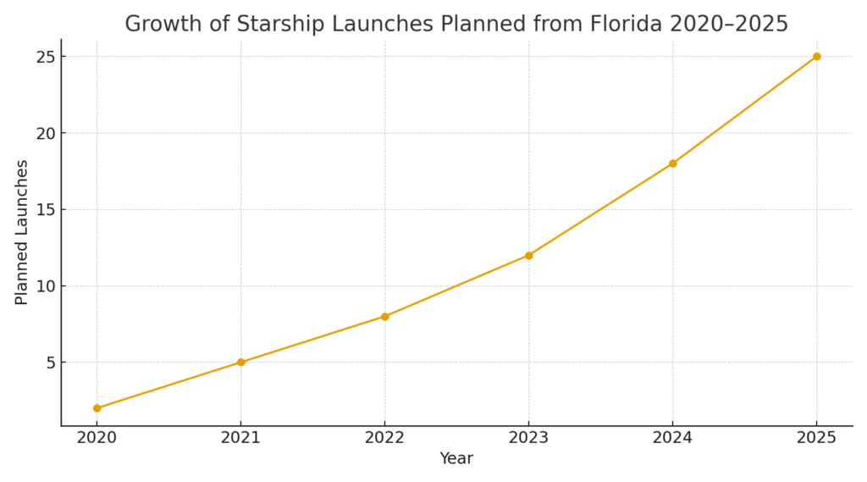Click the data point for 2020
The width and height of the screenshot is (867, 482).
pos(97,408)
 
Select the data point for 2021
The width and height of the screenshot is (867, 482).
pos(240,363)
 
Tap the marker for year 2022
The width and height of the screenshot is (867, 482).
pos(384,317)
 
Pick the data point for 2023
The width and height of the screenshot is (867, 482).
pos(528,255)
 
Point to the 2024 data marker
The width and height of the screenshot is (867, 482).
pos(672,163)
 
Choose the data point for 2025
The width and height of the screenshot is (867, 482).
pos(816,57)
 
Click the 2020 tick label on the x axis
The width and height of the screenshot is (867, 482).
pos(97,437)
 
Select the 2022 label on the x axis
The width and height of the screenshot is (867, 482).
pos(384,437)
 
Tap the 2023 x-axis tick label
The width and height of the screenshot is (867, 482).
pos(528,437)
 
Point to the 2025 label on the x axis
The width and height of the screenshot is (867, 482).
pos(816,437)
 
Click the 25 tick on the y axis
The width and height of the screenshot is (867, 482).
pos(45,57)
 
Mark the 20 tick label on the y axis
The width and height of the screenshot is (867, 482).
pos(45,133)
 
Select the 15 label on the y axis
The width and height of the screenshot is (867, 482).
pos(45,209)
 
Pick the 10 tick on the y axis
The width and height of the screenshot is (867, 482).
pos(45,286)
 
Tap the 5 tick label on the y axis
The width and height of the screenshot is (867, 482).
pos(50,363)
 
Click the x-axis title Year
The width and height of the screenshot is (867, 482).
pos(456,459)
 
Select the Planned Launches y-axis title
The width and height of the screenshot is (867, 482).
pos(22,232)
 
